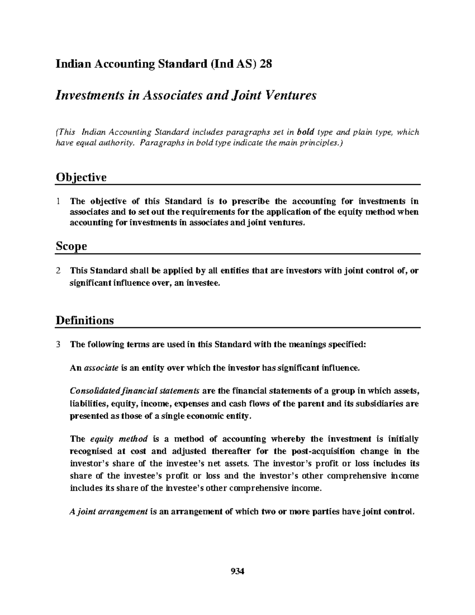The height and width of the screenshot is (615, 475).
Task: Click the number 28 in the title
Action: (x=265, y=64)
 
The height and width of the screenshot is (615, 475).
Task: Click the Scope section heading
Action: (x=71, y=246)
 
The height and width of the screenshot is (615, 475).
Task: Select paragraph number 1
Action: (x=58, y=202)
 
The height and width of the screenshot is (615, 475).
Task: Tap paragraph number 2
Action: (x=58, y=271)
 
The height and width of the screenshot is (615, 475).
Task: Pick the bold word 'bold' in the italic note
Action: (x=305, y=132)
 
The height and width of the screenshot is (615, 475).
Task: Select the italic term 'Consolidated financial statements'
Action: (x=135, y=391)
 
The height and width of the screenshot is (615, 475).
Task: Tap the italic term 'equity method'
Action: (x=119, y=439)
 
